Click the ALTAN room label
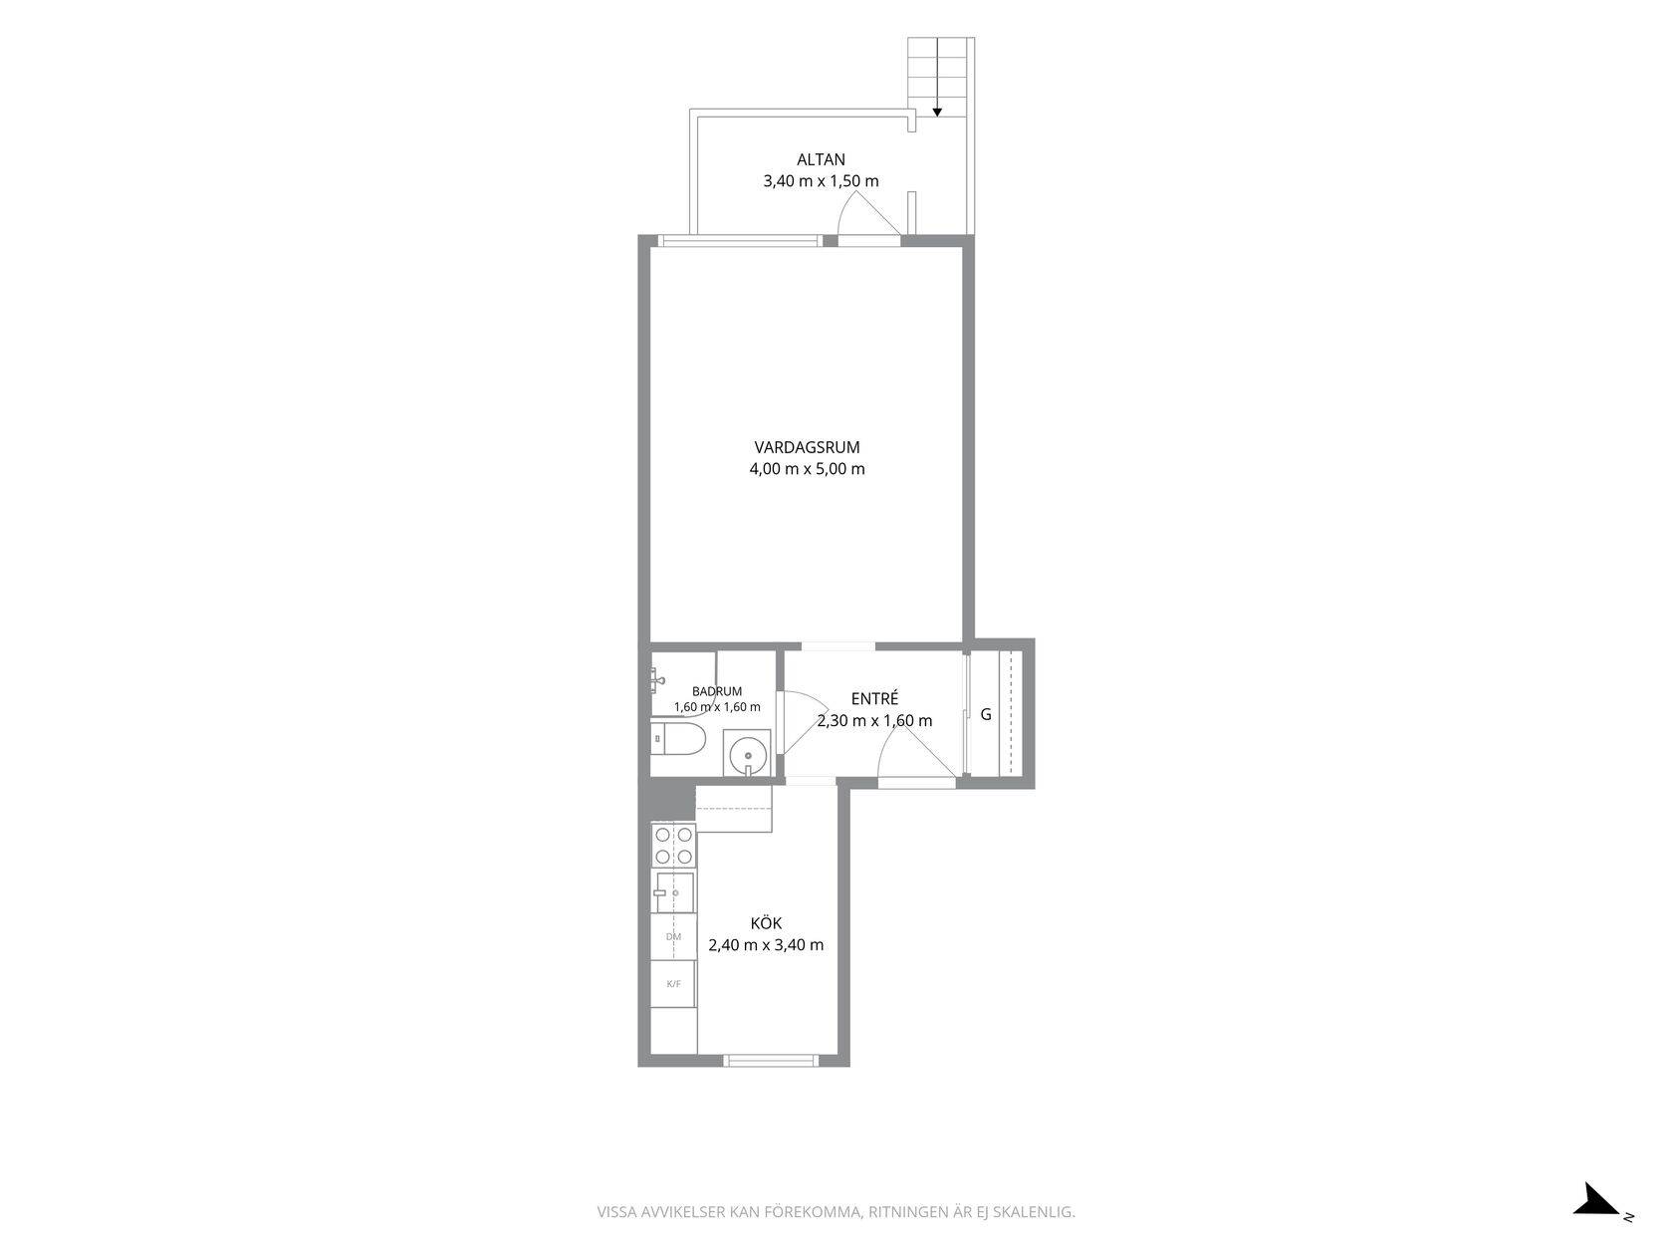click(x=821, y=160)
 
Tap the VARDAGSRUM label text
click(x=808, y=447)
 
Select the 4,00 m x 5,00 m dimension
click(x=808, y=468)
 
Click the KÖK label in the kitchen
click(x=766, y=922)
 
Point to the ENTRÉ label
click(x=875, y=698)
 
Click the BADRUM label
click(x=716, y=691)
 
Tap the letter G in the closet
click(x=986, y=714)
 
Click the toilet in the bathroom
click(x=678, y=739)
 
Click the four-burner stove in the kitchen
click(x=674, y=845)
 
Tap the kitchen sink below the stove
click(x=674, y=892)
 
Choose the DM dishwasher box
click(x=674, y=936)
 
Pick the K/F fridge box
click(x=674, y=984)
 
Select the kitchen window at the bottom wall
click(x=771, y=1060)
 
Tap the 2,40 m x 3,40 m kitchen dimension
click(x=766, y=945)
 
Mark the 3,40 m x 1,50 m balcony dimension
click(x=821, y=181)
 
